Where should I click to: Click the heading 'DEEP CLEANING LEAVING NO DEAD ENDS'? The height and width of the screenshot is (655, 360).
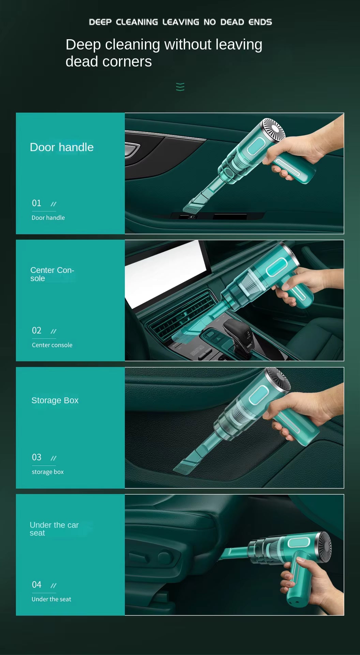point(180,22)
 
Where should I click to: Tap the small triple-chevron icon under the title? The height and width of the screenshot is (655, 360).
point(180,87)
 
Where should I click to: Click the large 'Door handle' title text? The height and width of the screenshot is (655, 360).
point(62,147)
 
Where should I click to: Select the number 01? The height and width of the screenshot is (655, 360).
point(36,203)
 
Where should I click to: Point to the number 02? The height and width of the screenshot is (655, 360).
point(36,330)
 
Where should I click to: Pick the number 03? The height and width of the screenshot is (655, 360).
point(36,457)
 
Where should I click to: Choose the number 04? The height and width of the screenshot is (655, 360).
point(36,584)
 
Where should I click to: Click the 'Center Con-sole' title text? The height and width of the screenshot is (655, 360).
point(52,274)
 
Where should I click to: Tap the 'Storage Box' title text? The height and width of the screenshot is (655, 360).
point(55,400)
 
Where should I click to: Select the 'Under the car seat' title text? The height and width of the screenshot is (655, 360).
point(54,529)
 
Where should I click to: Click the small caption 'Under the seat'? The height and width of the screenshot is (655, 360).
point(51,599)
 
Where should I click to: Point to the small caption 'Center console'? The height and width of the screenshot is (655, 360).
point(52,345)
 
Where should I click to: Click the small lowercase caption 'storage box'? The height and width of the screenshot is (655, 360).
point(48,472)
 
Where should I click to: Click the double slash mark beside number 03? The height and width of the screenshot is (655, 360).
point(53,458)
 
